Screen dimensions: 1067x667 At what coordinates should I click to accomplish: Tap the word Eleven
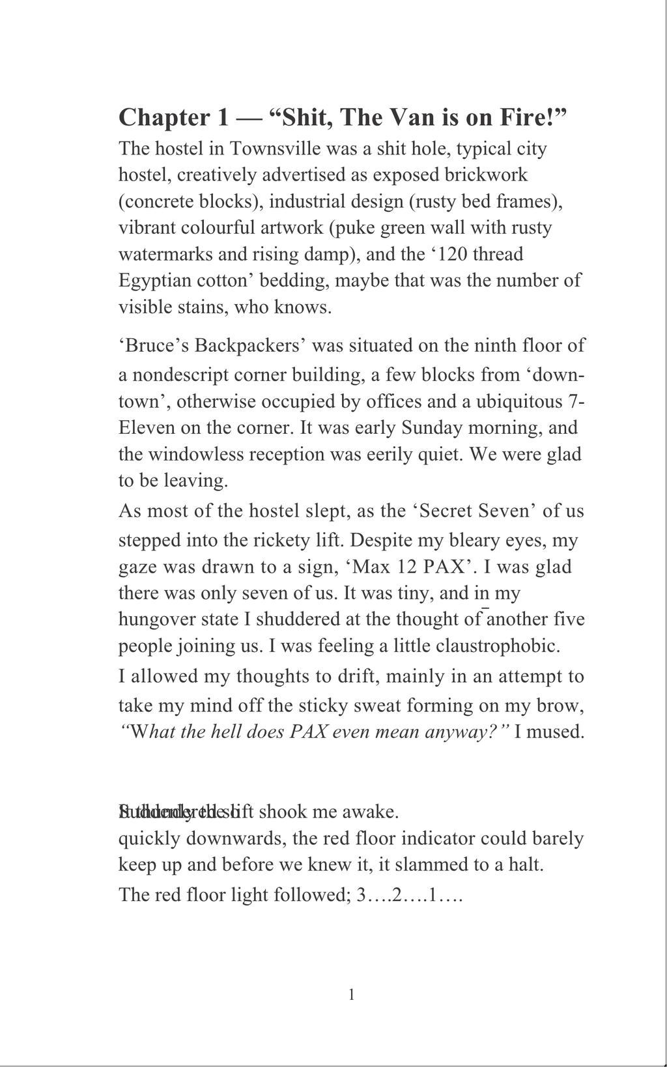click(147, 428)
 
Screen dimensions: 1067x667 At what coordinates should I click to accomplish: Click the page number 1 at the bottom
click(352, 995)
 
